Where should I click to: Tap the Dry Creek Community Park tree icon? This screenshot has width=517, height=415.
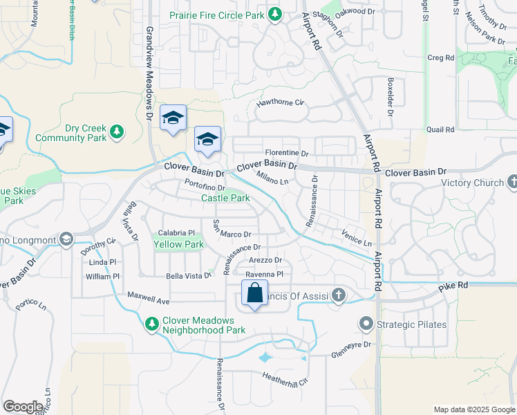coord(117,131)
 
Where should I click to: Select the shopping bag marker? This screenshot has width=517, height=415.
coord(254,293)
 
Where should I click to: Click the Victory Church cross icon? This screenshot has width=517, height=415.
coord(512,183)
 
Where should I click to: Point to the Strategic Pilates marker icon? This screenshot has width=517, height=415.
coord(366,324)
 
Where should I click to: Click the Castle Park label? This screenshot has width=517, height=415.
coord(225,199)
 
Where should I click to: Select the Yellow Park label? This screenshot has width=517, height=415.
coord(178,244)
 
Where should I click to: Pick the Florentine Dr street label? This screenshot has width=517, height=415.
coord(286,153)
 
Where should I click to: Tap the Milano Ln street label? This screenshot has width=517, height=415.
coord(272,178)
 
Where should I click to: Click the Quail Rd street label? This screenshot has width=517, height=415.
coord(440,129)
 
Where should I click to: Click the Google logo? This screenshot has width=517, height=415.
coord(23,407)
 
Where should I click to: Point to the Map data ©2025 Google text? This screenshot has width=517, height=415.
coord(473,409)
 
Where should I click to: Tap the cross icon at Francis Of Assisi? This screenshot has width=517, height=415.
coord(338,295)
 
